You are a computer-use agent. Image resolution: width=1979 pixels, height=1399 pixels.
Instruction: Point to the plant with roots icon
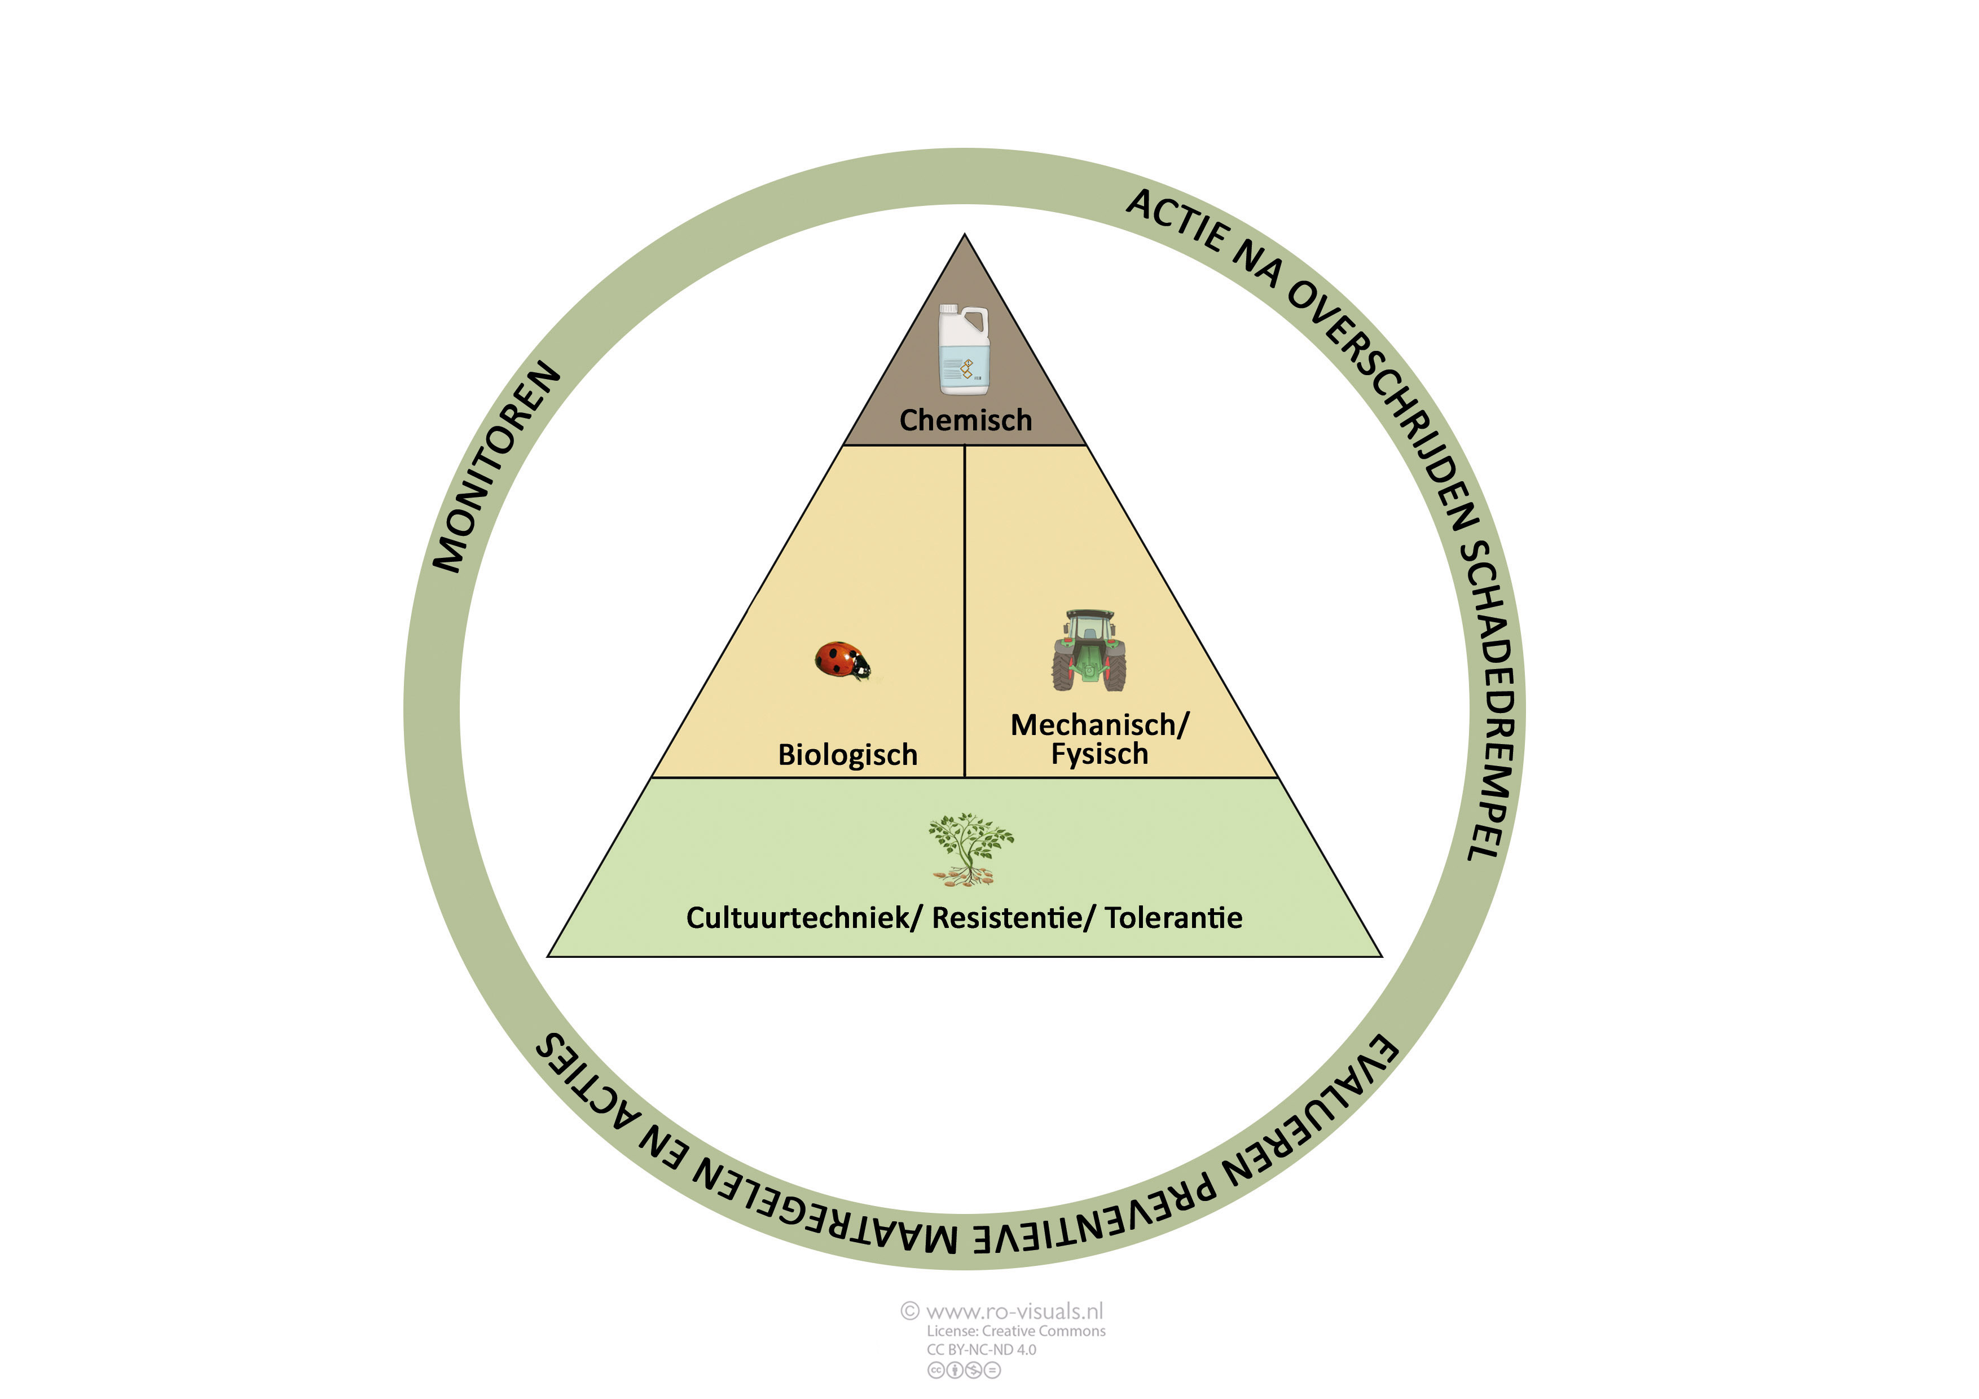[x=970, y=849]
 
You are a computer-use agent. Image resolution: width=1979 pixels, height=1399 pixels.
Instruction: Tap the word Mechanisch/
[x=1099, y=725]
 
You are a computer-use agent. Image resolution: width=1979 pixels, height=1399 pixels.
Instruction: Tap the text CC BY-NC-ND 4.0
[x=981, y=1350]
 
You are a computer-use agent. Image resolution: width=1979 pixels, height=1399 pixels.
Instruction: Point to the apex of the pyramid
[x=965, y=235]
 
